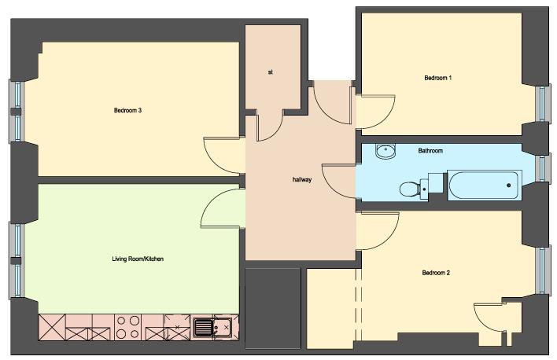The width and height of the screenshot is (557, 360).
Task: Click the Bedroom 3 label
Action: pyautogui.click(x=128, y=110)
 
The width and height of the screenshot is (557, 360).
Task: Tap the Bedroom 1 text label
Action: pyautogui.click(x=438, y=78)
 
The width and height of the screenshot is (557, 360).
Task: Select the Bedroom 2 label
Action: pyautogui.click(x=436, y=273)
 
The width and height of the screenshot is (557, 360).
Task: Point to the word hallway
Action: pyautogui.click(x=302, y=180)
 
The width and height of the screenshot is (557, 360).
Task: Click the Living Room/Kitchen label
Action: pyautogui.click(x=138, y=259)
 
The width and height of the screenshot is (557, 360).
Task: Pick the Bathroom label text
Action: pyautogui.click(x=430, y=151)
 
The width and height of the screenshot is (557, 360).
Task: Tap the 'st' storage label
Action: pyautogui.click(x=271, y=72)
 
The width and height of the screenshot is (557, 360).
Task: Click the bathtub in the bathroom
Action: pyautogui.click(x=485, y=186)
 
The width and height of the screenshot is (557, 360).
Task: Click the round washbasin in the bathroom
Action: pyautogui.click(x=385, y=152)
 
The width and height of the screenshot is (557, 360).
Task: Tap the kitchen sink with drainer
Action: pyautogui.click(x=212, y=327)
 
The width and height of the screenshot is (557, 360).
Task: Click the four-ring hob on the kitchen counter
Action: pyautogui.click(x=127, y=327)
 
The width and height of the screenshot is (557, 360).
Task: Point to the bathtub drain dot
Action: pyautogui.click(x=509, y=186)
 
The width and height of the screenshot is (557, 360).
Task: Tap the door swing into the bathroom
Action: pyautogui.click(x=329, y=185)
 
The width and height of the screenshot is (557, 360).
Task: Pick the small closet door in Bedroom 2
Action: pyautogui.click(x=481, y=321)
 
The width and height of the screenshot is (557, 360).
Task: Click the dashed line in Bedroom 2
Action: pyautogui.click(x=359, y=304)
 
